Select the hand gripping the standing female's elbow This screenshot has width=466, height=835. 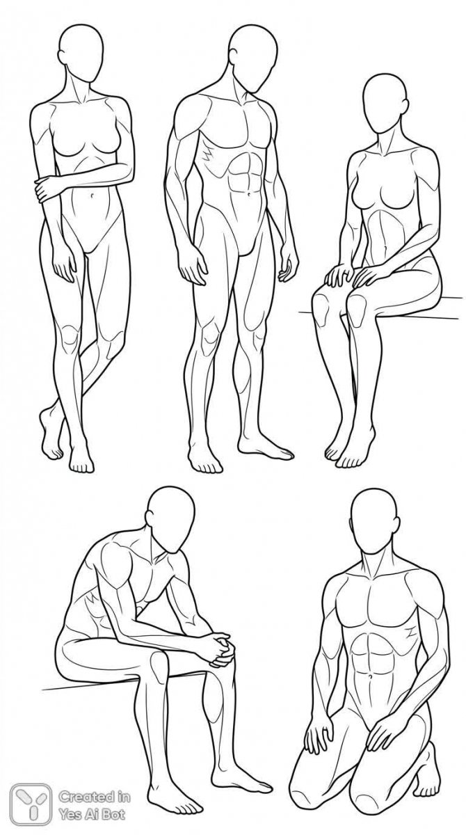tap(45, 189)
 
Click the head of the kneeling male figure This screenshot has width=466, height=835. tap(375, 522)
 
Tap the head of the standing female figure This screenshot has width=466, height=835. tap(81, 53)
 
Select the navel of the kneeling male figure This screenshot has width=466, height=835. tap(369, 676)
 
